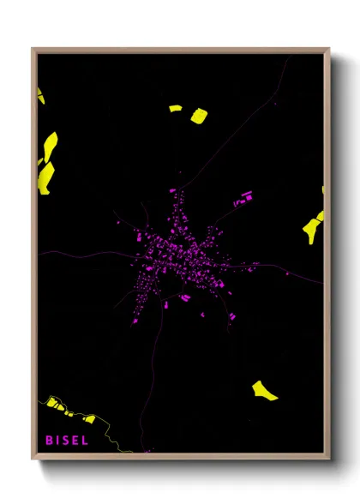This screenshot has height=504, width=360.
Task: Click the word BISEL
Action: (x=67, y=441)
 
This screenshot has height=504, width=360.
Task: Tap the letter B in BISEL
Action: (x=50, y=441)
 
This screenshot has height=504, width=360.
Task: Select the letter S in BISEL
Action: (x=65, y=441)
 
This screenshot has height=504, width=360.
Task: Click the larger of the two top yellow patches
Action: (x=199, y=115)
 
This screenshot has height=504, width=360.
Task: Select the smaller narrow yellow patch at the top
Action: (x=175, y=109)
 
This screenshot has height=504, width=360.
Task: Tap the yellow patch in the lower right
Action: (x=265, y=391)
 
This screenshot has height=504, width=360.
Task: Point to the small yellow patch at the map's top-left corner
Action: (x=40, y=95)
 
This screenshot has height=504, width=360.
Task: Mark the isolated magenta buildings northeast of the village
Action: (x=244, y=200)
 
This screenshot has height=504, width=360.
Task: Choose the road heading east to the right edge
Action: (x=291, y=270)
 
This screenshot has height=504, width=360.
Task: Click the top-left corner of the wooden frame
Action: (x=33, y=50)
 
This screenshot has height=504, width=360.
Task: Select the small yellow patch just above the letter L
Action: (x=89, y=418)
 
